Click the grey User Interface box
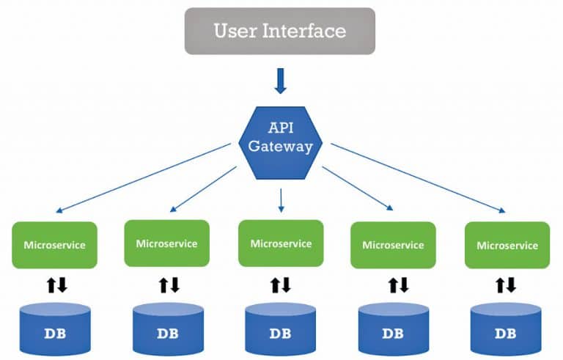tap(279, 31)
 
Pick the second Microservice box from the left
tap(166, 243)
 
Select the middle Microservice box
tap(281, 243)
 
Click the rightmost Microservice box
tap(507, 245)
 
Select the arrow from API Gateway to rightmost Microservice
tap(418, 178)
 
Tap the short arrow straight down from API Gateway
tap(281, 199)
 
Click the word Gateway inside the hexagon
tap(280, 146)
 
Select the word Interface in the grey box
tap(309, 31)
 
